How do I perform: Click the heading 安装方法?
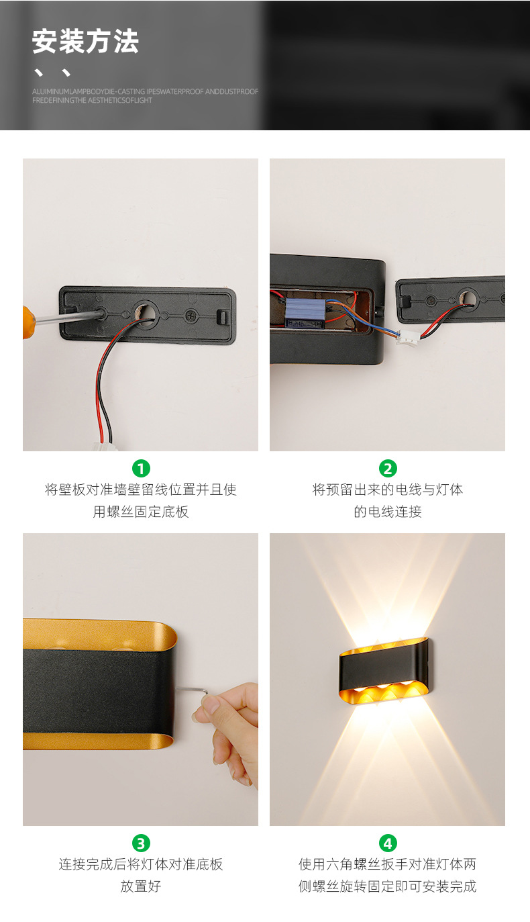[x=85, y=42]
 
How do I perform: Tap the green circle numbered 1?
[x=141, y=468]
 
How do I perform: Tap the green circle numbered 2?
[x=388, y=468]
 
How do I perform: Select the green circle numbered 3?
[x=141, y=843]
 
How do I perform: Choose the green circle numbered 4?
[x=388, y=843]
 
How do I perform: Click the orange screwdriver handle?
[x=28, y=322]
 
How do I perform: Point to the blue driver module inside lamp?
[x=305, y=313]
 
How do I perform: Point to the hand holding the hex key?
[x=231, y=729]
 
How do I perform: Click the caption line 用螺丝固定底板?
[x=141, y=512]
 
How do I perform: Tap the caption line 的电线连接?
[x=388, y=512]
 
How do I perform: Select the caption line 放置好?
[x=141, y=886]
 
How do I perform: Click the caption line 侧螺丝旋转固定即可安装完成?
[x=388, y=886]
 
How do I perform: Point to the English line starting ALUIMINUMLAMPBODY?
[x=145, y=91]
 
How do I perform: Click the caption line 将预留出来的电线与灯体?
[x=388, y=490]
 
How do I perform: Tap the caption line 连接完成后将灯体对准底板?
[x=141, y=864]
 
